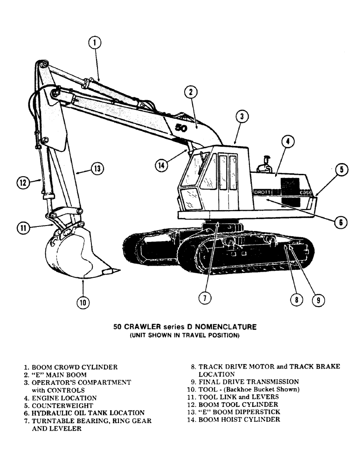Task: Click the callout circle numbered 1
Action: click(x=95, y=43)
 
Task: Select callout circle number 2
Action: click(x=190, y=92)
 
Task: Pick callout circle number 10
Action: click(x=83, y=302)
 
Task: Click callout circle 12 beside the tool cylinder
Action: click(x=24, y=183)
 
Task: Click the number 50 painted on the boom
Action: click(x=181, y=129)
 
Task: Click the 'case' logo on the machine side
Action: click(x=305, y=192)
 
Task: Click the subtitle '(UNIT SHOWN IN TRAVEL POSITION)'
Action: click(x=184, y=336)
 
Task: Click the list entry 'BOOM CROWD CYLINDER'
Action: click(x=70, y=367)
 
